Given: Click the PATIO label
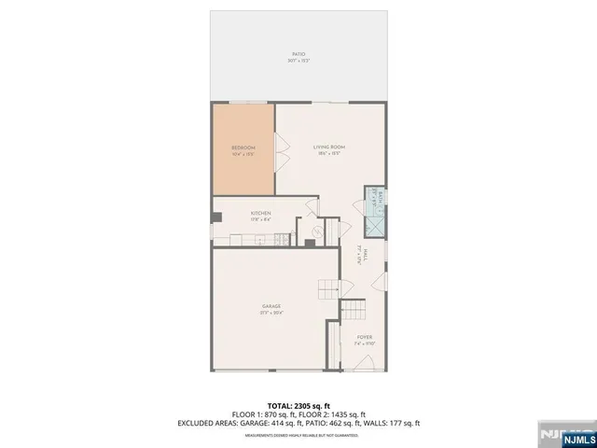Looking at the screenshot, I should [298, 54].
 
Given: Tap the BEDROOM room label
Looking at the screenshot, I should [243, 147].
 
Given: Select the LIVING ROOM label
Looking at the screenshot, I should [329, 147].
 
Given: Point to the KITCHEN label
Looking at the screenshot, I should [260, 214].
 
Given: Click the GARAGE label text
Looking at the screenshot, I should [271, 306].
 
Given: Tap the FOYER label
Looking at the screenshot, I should [365, 337].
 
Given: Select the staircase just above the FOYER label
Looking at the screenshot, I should [354, 311].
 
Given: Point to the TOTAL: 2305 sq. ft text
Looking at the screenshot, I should [298, 405].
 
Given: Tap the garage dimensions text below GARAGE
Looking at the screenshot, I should [271, 313].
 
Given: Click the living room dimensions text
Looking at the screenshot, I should [329, 153].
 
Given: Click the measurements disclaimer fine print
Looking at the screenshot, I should [298, 435].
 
